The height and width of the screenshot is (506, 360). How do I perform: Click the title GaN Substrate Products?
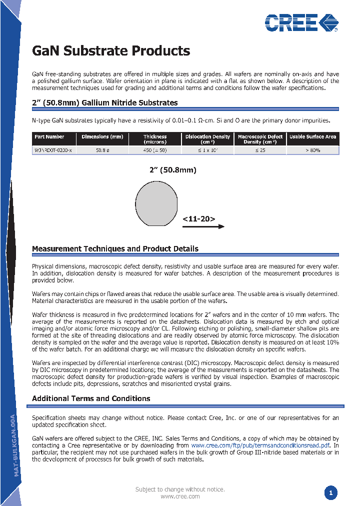point(111,51)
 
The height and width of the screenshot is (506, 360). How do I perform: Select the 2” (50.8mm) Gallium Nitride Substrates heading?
point(104,102)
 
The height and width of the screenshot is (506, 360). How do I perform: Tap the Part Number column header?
point(49,136)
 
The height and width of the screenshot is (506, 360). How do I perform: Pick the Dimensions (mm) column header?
point(102,136)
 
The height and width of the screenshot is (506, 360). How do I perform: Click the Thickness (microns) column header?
point(155,139)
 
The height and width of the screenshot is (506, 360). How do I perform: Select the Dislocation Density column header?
point(207,139)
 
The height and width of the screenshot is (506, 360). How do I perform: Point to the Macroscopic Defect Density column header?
point(260,139)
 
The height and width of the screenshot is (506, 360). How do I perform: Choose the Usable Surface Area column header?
point(313,136)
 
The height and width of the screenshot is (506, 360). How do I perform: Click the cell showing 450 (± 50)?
point(155,150)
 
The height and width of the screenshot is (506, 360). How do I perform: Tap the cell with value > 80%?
point(313,150)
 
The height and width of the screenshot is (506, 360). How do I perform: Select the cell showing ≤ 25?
point(260,150)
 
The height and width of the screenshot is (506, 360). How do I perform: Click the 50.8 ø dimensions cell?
point(102,150)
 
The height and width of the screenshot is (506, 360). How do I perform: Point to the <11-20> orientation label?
point(198,219)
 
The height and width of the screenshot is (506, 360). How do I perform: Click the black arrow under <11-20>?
point(203,227)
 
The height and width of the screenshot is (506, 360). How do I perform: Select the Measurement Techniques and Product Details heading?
point(115,248)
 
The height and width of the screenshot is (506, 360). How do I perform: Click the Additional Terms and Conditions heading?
point(91,398)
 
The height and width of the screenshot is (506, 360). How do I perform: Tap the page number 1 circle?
point(330,493)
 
